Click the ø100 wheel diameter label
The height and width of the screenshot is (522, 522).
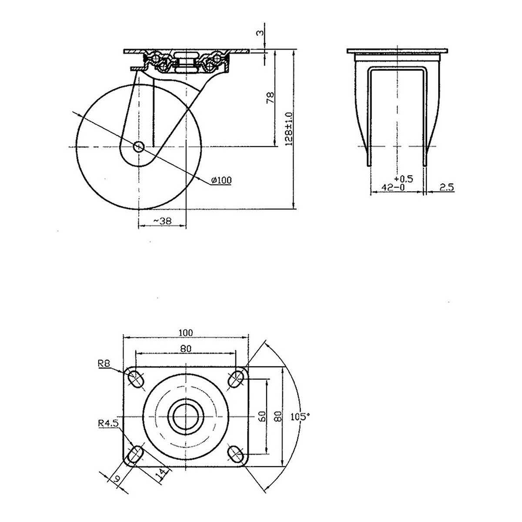point(221,180)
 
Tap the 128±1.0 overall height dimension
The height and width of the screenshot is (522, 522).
point(289,129)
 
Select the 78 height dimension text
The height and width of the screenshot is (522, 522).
point(270,98)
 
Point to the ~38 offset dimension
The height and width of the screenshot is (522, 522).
point(163,221)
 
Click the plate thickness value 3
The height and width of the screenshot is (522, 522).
point(260,33)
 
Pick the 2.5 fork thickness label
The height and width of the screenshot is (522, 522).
point(446,187)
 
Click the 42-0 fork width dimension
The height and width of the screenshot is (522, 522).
point(393,187)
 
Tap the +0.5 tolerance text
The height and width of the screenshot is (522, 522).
point(404,179)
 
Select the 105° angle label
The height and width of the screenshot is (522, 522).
point(300,416)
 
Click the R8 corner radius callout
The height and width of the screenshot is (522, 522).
point(104,364)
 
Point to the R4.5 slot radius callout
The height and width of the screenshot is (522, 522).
point(108,423)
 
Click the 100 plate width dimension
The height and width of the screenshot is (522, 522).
point(186,333)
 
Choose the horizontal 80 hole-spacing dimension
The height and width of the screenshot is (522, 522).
point(186,348)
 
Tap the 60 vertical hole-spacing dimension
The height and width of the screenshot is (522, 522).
point(262,416)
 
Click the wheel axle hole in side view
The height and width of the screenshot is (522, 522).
point(139,147)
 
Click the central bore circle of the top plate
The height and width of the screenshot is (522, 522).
point(186,416)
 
